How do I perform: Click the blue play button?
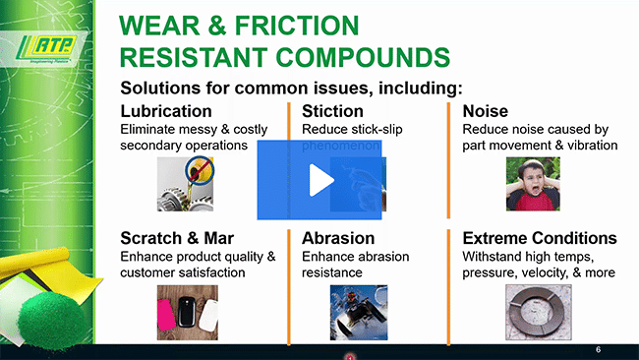click(319, 180)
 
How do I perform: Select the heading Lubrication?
click(165, 111)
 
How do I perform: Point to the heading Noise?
click(485, 111)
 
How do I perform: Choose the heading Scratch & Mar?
click(182, 238)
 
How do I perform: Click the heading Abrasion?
click(338, 238)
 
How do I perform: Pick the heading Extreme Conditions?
click(540, 238)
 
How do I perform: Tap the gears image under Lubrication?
click(185, 184)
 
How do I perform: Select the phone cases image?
click(187, 312)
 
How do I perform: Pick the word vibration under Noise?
click(588, 146)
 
